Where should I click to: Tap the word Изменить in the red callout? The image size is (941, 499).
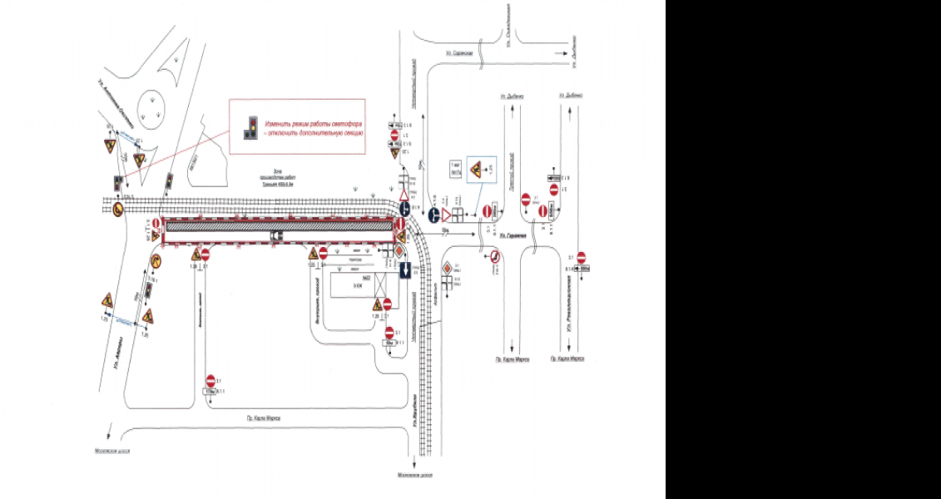click(274, 122)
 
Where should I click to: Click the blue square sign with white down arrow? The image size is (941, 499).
click(403, 269)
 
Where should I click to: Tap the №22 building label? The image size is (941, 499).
click(355, 276)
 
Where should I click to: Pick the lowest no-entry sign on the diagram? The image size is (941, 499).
click(211, 378)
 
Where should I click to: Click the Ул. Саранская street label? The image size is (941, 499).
click(458, 52)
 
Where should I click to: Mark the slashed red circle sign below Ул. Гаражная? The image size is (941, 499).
click(493, 257)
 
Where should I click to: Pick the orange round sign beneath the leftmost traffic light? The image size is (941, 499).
click(117, 208)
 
